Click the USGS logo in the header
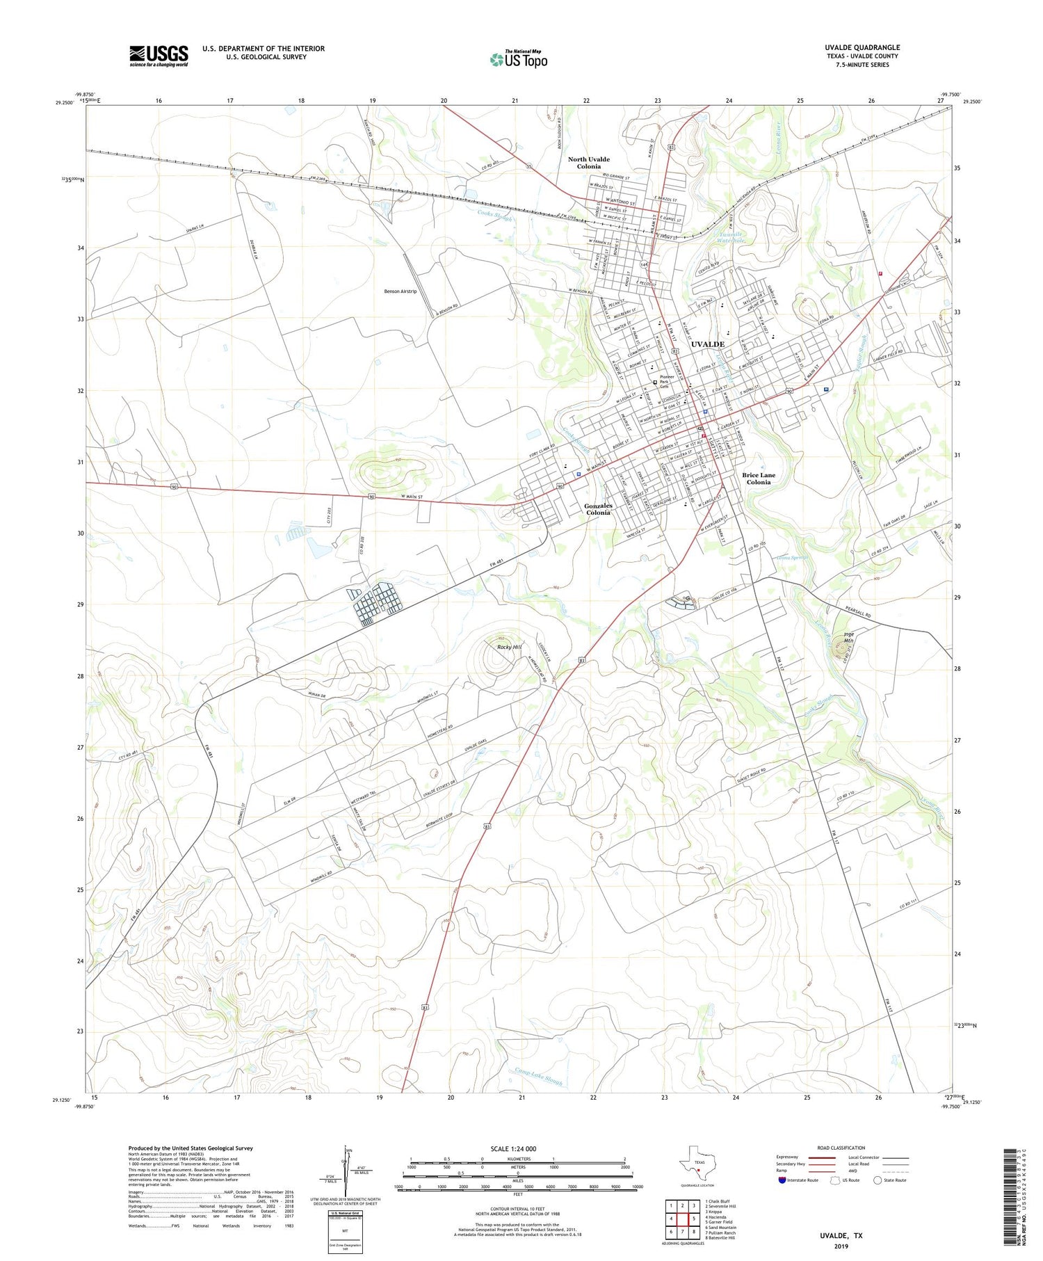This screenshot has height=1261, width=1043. tap(159, 56)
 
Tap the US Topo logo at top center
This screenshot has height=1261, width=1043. tap(518, 60)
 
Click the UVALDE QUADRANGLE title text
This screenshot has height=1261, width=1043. tap(862, 47)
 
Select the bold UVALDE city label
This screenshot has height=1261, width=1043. tap(707, 344)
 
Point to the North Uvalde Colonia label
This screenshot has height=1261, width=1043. tap(588, 163)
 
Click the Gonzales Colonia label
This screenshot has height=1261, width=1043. tap(597, 509)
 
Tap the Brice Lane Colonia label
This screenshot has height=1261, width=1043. tap(758, 479)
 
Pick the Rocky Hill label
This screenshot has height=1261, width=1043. tap(509, 647)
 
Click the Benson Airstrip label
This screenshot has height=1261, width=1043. tap(400, 291)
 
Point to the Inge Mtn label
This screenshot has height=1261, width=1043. tap(848, 637)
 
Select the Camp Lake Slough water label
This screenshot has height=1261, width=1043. tap(537, 1077)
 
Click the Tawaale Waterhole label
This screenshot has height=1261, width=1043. tap(728, 237)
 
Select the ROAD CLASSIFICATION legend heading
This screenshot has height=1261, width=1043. tap(841, 1148)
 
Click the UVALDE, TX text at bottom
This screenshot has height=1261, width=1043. tap(840, 1235)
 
